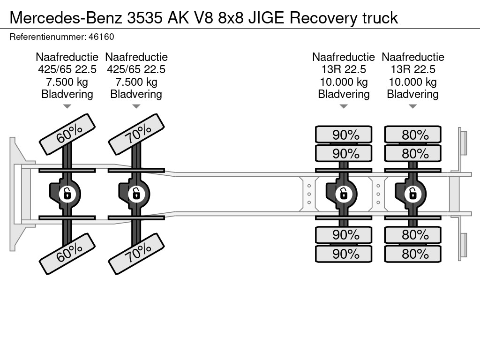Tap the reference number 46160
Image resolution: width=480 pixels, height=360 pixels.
coord(101,37)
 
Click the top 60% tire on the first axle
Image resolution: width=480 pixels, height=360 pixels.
coord(67,135)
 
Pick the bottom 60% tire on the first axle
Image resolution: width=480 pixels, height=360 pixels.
coord(67,254)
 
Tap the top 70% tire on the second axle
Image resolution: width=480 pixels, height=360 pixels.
coord(136,135)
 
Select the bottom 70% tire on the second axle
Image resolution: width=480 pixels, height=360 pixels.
coord(136,254)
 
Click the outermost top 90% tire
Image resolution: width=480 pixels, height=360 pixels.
coord(344,135)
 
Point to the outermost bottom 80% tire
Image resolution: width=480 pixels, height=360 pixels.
coord(413,254)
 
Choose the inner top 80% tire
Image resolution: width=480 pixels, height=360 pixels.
coord(413,153)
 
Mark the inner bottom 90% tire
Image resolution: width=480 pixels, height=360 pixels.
coord(344,235)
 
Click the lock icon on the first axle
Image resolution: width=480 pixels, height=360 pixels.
coord(67,194)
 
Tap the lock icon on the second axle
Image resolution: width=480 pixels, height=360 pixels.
coord(136,194)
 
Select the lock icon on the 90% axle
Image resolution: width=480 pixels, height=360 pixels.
coord(344,194)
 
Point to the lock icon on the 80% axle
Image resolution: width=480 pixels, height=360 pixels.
coord(412,194)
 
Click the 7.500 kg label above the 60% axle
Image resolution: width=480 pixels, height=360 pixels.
coord(67,82)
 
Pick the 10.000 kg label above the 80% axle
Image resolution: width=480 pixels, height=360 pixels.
coord(412,82)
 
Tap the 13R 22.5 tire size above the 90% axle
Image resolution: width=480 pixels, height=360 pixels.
coord(344,69)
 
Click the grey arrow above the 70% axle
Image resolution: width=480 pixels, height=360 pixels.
coord(136,106)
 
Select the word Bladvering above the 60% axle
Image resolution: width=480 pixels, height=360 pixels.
coord(67,94)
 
